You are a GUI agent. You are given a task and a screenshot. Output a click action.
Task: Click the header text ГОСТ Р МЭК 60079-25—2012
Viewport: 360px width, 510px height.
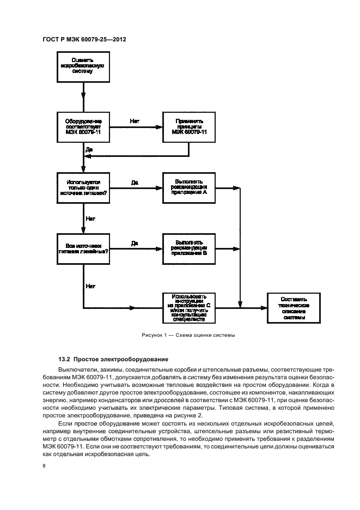point(81,39)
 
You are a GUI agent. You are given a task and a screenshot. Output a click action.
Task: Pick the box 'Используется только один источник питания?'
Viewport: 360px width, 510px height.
point(83,188)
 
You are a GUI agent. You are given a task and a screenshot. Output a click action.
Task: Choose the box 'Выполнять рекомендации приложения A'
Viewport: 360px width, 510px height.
point(188,188)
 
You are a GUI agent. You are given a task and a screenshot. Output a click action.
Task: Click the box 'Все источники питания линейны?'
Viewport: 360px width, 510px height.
point(83,248)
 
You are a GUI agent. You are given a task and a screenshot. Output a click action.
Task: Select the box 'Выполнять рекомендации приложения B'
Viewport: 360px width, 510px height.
point(188,248)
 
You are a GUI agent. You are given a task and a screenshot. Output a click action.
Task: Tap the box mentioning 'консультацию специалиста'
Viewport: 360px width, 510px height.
point(188,308)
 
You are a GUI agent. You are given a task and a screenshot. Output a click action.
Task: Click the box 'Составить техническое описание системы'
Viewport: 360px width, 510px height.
point(294,308)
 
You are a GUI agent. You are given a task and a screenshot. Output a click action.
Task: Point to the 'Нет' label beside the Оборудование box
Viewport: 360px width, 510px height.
point(135,120)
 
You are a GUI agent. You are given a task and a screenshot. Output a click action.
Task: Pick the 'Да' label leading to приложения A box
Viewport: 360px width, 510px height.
point(135,182)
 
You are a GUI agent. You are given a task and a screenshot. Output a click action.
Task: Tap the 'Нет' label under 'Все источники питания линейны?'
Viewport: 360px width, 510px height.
point(90,285)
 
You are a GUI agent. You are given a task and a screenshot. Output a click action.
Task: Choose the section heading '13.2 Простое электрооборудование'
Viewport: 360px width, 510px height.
point(109,359)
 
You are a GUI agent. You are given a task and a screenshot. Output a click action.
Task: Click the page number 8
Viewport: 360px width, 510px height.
point(45,465)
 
